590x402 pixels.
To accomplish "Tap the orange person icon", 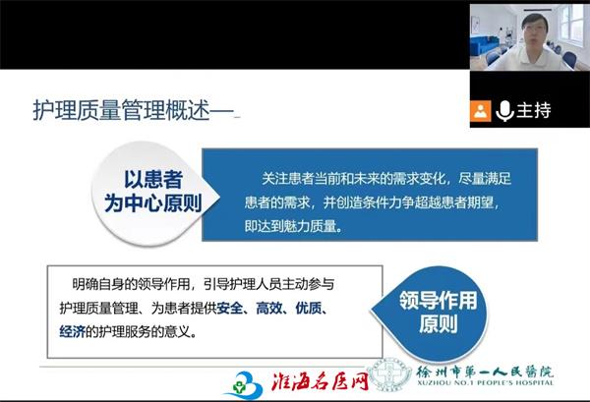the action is click(x=480, y=111).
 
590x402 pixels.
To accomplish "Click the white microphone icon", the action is click(x=504, y=111).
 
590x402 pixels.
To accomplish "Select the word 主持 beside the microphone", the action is click(x=534, y=110).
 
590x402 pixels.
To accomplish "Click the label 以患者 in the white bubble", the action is click(x=153, y=179).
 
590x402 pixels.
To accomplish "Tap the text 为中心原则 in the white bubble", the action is click(x=153, y=203).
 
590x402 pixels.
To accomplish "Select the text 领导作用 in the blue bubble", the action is click(x=438, y=301).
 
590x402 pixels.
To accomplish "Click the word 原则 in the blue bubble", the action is click(x=439, y=323).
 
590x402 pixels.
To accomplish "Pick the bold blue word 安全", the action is click(x=229, y=308).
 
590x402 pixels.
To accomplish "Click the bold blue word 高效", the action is click(x=268, y=308).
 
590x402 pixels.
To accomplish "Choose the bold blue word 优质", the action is click(x=308, y=308).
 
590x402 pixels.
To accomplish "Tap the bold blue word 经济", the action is click(x=72, y=331).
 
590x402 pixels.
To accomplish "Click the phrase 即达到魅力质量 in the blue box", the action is click(x=290, y=226).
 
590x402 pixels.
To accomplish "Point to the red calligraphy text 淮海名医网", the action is click(x=320, y=381).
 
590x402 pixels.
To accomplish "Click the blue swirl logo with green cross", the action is click(x=244, y=384).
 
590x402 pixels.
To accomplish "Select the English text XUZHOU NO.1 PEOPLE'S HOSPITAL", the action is click(x=485, y=382).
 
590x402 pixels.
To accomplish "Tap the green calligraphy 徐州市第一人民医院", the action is click(x=485, y=372).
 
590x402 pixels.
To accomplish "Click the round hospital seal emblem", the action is click(x=389, y=374).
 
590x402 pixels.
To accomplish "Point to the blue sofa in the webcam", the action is click(x=485, y=45).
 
